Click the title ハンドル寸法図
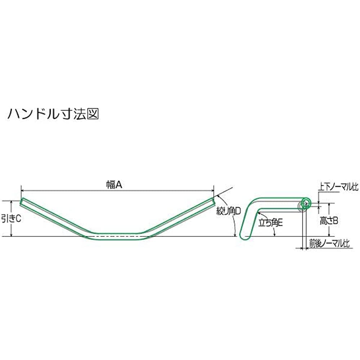click(x=53, y=114)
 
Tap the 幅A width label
click(x=114, y=185)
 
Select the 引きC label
click(x=11, y=219)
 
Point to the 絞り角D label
click(x=229, y=211)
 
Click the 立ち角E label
click(x=270, y=223)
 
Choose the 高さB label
click(x=329, y=221)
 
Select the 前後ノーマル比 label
click(x=329, y=244)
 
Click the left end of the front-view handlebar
click(x=22, y=202)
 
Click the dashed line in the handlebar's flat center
click(x=117, y=236)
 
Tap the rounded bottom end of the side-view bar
click(x=244, y=237)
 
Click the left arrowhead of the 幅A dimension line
click(x=23, y=190)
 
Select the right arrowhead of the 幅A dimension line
click(x=212, y=190)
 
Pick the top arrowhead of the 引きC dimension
click(x=11, y=202)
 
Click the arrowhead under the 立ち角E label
click(x=274, y=234)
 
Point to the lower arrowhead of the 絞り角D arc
click(x=235, y=234)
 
